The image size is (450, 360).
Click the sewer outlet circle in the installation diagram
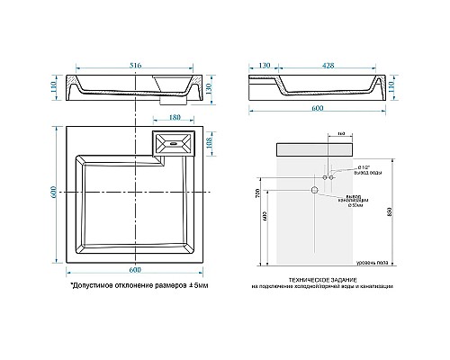(315, 191)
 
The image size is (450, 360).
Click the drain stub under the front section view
(166, 100)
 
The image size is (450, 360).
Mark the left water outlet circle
(323, 177)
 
